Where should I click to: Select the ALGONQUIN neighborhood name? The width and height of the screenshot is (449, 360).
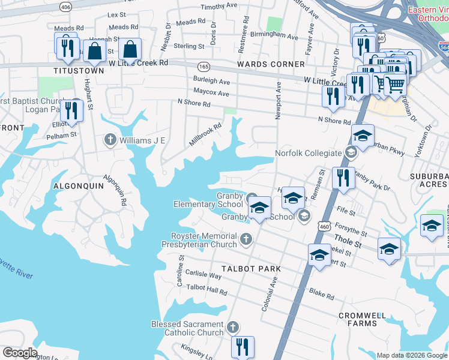coord(78,186)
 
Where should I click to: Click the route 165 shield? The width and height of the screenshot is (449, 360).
coord(203,65)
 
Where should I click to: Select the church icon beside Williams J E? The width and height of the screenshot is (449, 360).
coord(110,140)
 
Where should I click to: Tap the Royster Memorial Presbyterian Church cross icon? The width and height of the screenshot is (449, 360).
coord(245,240)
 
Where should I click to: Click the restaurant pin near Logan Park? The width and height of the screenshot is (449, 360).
coord(71,110)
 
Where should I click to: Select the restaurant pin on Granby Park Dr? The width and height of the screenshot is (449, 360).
coord(343,178)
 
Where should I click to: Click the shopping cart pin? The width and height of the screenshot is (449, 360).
coord(394,85)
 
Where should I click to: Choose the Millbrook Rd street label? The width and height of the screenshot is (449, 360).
coord(205,133)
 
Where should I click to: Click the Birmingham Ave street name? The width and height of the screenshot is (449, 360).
coord(274,37)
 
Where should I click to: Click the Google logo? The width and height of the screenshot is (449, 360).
coord(20,353)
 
